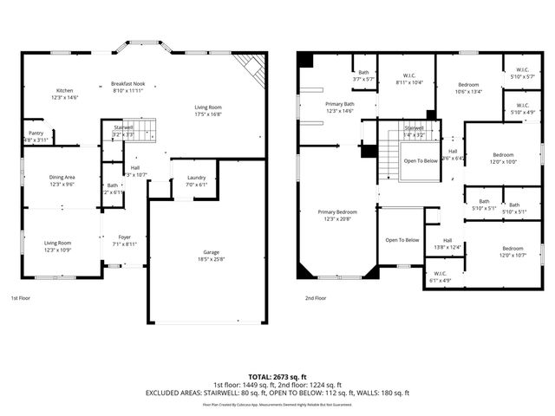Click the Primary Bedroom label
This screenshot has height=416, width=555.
[x=337, y=215]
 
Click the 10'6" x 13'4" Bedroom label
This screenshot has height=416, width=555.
[x=468, y=88]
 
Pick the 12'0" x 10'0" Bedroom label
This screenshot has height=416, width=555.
[x=502, y=158]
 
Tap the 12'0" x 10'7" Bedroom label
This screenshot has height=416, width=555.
[x=513, y=251]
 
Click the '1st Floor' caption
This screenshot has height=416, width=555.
[x=22, y=297]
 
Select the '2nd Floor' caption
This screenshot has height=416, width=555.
[x=316, y=297]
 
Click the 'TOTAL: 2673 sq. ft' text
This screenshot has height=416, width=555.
[x=277, y=377]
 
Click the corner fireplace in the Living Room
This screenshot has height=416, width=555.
[x=251, y=68]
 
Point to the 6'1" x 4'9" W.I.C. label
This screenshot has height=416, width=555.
[x=441, y=277]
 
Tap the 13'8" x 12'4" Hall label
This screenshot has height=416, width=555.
[x=447, y=244]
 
